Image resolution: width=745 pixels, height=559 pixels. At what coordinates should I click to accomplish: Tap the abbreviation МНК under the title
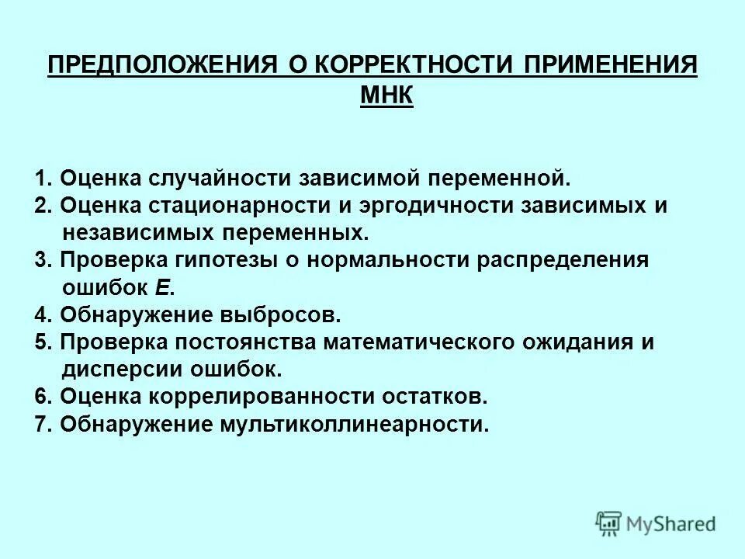(387, 96)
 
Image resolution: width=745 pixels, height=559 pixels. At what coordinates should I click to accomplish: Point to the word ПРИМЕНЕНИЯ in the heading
(611, 64)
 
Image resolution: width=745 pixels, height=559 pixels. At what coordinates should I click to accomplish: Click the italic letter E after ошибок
(162, 287)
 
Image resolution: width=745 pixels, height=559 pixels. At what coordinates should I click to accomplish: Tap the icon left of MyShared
(609, 523)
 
